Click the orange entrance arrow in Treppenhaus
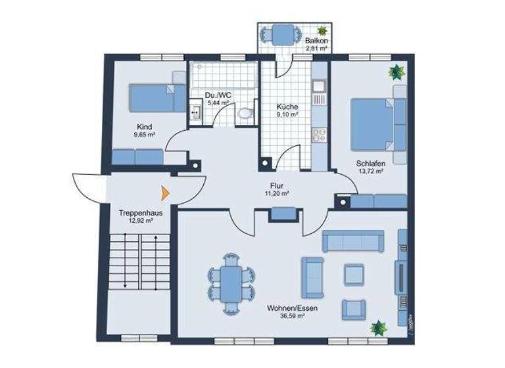[165, 193]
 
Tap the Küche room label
[287, 106]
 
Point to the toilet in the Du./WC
[245, 113]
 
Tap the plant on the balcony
[322, 30]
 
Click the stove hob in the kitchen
[320, 135]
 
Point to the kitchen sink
[320, 86]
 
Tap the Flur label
[276, 186]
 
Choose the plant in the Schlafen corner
[397, 72]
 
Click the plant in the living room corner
[377, 327]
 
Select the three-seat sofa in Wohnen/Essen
[352, 242]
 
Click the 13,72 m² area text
[370, 171]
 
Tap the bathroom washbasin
[195, 112]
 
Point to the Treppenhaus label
[141, 213]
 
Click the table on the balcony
[284, 32]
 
